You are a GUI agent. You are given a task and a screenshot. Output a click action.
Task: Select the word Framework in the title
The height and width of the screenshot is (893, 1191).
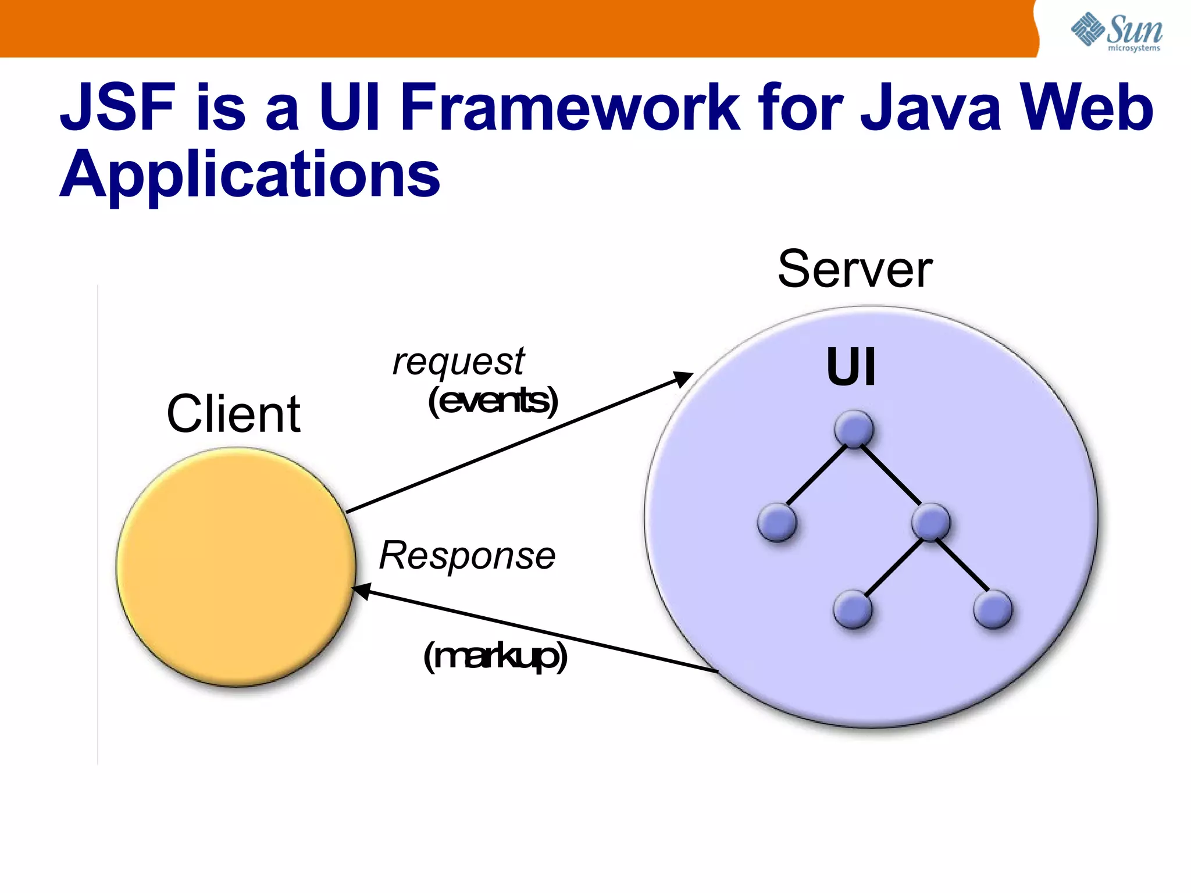click(570, 107)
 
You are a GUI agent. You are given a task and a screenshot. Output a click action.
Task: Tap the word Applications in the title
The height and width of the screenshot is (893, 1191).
click(250, 174)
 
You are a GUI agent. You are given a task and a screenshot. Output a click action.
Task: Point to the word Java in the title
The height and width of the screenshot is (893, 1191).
click(930, 107)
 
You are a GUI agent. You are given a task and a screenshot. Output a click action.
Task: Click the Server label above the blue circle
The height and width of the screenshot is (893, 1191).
click(855, 269)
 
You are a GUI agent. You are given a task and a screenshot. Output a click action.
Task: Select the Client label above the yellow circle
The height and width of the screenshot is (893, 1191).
click(233, 414)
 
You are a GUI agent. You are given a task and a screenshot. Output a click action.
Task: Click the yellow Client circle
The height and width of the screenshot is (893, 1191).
click(236, 567)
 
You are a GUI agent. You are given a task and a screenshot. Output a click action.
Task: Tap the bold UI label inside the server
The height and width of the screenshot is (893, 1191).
click(851, 367)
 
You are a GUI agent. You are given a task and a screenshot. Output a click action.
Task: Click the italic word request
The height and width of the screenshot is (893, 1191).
click(458, 362)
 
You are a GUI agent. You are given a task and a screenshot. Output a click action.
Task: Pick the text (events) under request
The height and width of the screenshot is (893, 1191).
click(493, 401)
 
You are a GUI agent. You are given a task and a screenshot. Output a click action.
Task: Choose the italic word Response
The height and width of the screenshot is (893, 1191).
click(467, 555)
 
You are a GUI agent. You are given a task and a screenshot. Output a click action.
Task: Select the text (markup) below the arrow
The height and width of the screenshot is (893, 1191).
click(495, 657)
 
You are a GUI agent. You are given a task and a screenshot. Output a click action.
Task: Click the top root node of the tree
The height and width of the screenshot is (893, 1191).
click(854, 430)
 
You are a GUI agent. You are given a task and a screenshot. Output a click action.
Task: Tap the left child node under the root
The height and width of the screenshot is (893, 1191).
click(777, 522)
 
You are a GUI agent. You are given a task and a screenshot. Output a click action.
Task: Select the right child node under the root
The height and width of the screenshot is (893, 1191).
click(931, 522)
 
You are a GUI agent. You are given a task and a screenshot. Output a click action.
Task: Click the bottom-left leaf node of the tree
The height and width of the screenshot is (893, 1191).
click(853, 609)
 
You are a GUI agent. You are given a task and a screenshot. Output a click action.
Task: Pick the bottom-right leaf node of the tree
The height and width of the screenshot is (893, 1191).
click(993, 609)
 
